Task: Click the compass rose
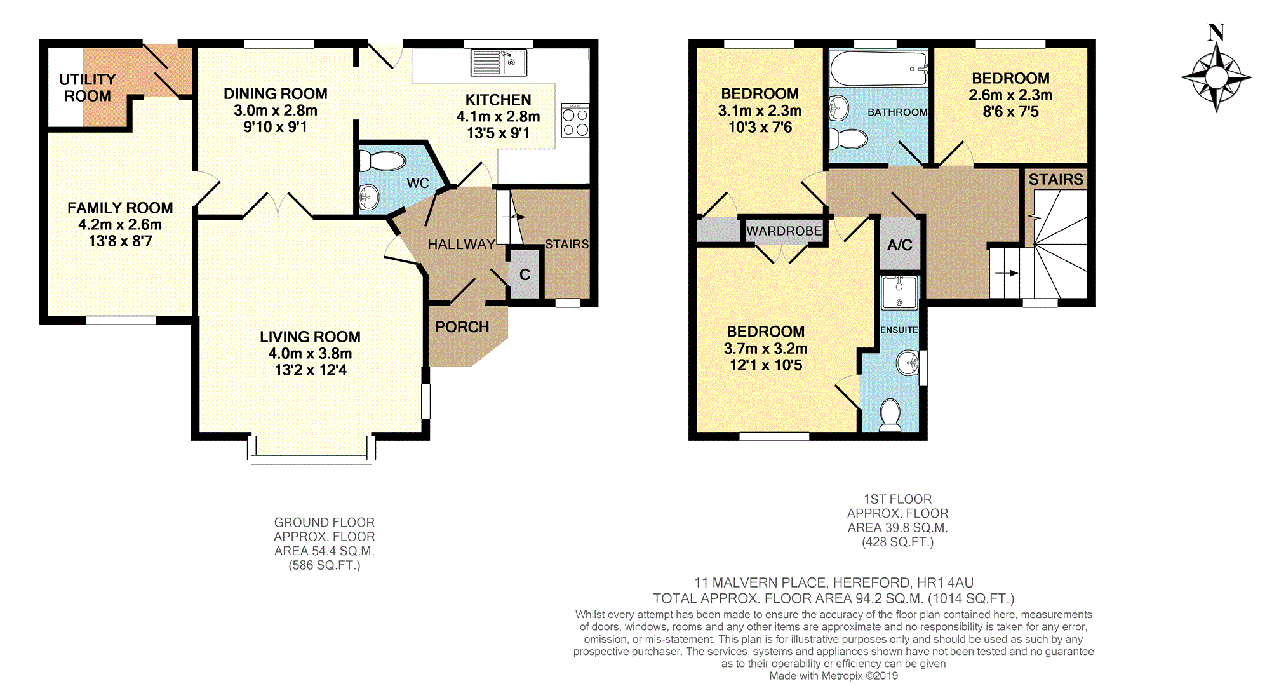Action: pos(1216,77)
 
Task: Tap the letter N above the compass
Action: pos(1216,32)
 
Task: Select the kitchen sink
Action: pos(499,63)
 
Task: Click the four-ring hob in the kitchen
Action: pos(575,121)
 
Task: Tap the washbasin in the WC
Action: pos(369,198)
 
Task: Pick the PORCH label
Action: pos(462,327)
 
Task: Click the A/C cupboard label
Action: pos(900,245)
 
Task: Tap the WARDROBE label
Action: pos(784,231)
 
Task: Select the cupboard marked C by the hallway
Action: pos(525,274)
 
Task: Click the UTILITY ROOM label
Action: pos(88,88)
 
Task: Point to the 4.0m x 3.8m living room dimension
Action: pos(310,353)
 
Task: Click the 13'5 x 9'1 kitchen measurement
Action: pos(499,133)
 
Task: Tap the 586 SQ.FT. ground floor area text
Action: pos(325,565)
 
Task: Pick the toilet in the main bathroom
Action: pos(848,138)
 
